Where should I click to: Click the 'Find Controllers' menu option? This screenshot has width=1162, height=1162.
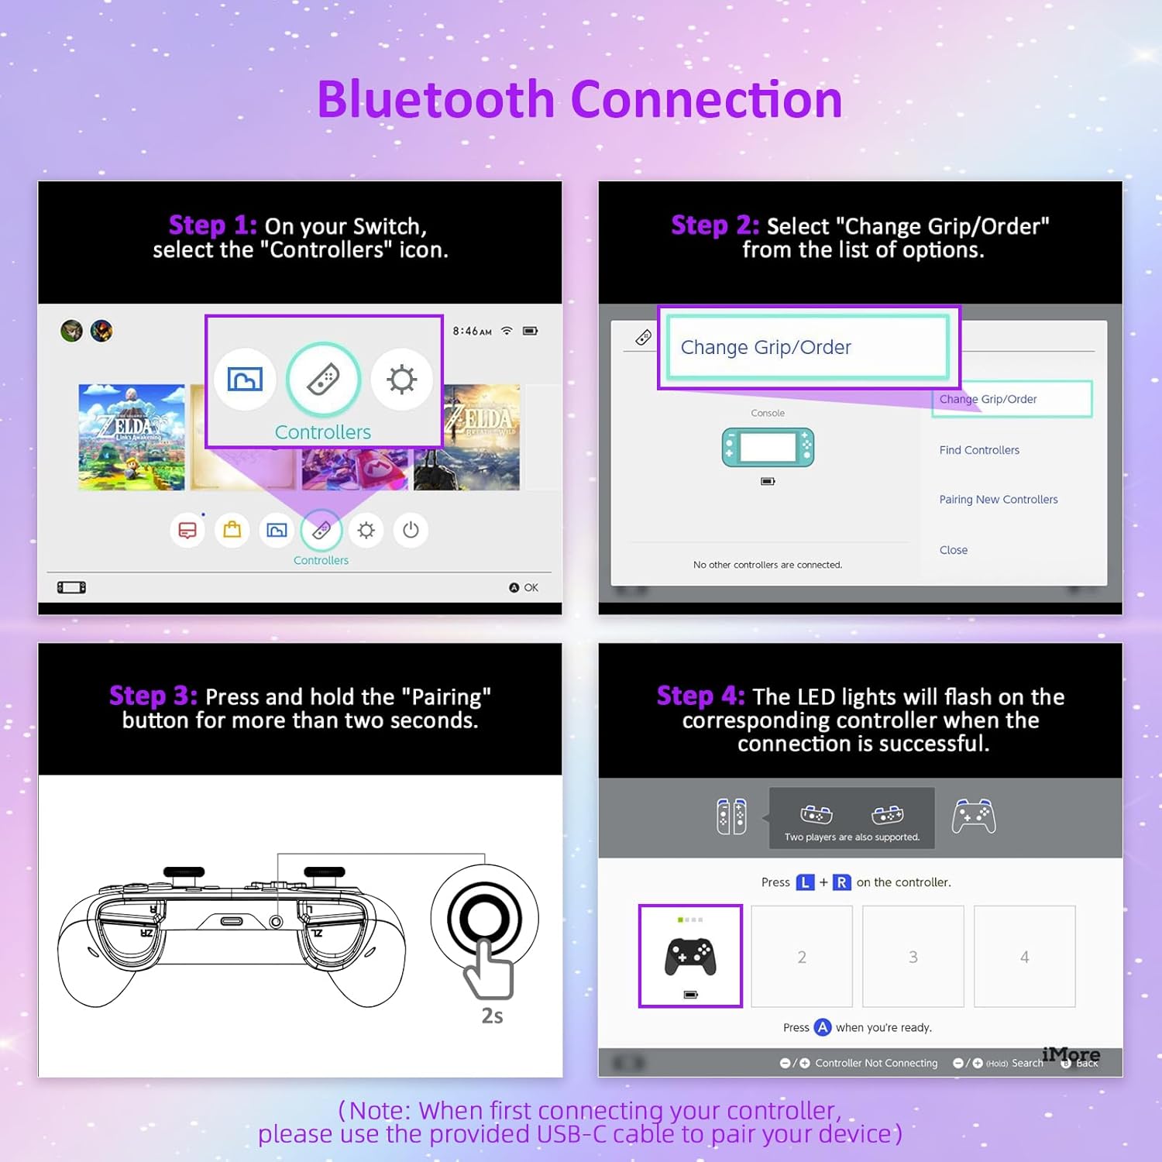979,450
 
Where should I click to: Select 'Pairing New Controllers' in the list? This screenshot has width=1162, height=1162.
998,500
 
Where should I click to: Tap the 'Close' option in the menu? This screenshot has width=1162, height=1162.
953,550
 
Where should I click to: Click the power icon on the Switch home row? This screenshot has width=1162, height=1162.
411,530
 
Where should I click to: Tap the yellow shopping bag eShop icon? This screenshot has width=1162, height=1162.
232,530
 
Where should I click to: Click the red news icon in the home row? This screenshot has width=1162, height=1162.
187,530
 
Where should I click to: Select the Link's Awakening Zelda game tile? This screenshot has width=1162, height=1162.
132,437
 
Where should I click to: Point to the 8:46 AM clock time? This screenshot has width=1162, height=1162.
472,331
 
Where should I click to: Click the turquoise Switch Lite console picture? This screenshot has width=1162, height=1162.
768,447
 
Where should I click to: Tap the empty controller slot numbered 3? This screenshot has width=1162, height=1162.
913,957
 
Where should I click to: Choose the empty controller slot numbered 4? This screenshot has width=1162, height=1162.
1024,957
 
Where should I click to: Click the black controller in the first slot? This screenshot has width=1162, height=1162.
690,957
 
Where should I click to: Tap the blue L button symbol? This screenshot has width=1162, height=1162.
806,882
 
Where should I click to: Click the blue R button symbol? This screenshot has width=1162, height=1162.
841,882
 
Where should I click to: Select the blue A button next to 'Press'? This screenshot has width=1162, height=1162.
823,1027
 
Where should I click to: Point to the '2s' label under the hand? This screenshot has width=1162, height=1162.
493,1016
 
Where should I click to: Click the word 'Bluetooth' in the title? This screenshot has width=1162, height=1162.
436,100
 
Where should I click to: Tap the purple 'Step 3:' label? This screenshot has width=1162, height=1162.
153,696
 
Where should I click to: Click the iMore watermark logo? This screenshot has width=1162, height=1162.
1071,1054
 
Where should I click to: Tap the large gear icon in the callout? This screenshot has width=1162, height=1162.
401,380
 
